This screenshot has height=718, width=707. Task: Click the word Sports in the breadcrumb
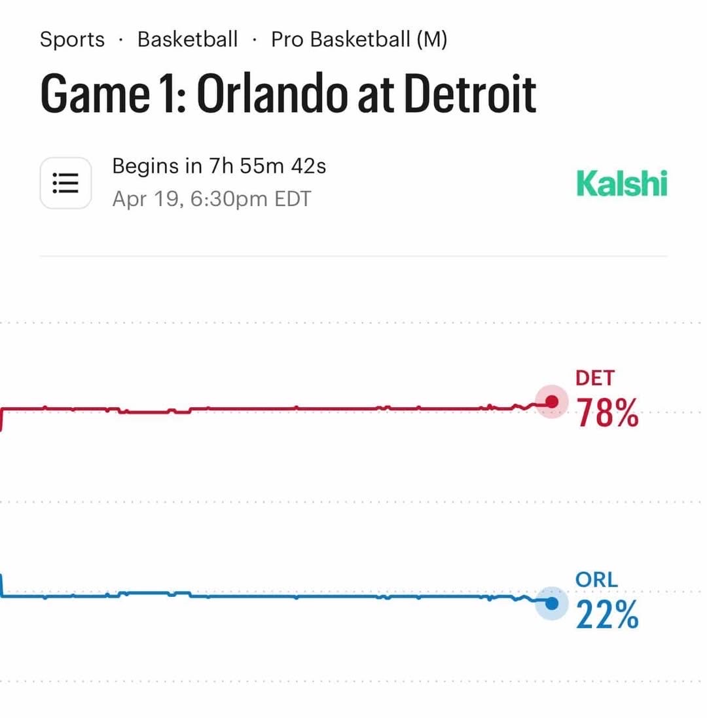(72, 39)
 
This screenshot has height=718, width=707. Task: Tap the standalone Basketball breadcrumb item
(187, 39)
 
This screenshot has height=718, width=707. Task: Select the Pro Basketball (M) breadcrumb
(359, 39)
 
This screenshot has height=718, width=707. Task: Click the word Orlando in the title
(271, 94)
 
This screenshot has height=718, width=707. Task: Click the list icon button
(65, 183)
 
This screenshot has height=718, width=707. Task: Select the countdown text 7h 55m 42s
(267, 166)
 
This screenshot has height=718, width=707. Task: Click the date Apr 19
(145, 198)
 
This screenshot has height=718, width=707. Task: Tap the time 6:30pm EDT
(251, 198)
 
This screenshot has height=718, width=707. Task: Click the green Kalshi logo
(621, 184)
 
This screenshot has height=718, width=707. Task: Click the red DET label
(595, 378)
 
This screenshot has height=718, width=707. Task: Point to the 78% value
(607, 414)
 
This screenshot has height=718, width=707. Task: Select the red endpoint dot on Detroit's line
(552, 402)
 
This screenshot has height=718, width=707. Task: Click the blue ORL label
(596, 579)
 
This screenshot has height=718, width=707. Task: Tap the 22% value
(607, 616)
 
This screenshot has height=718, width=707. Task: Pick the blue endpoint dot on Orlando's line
(552, 603)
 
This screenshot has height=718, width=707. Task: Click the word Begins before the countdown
(148, 166)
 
